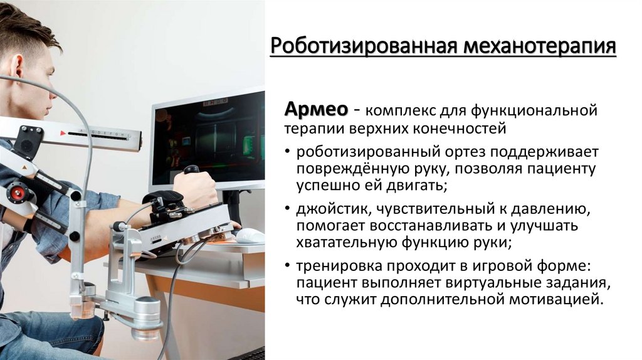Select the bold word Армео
click(316, 109)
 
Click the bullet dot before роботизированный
click(287, 153)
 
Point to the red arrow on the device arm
click(63, 133)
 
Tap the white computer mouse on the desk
click(250, 235)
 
